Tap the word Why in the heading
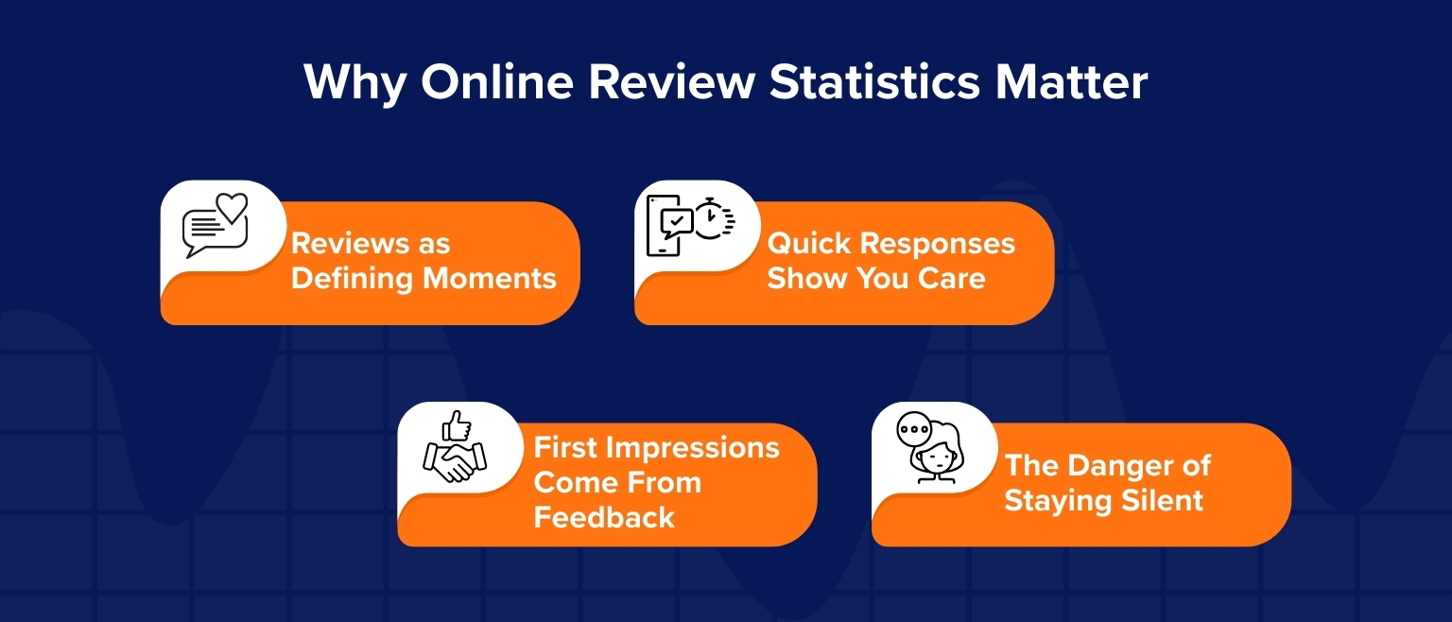(x=355, y=84)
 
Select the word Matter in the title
(x=1071, y=82)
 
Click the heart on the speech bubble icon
(x=232, y=208)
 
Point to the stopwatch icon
(x=714, y=219)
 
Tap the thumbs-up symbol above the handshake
(x=457, y=425)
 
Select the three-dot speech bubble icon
(x=914, y=429)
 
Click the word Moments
(x=490, y=279)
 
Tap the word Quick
(x=809, y=244)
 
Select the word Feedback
(x=604, y=518)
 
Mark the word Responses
(x=938, y=245)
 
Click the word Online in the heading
(x=497, y=82)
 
